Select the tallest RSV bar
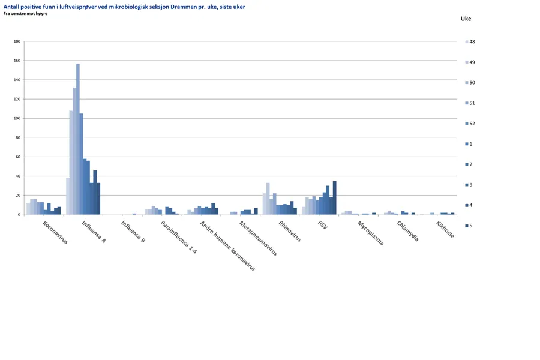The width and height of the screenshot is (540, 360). coord(335,198)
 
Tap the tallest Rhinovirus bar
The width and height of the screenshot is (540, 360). coord(268,199)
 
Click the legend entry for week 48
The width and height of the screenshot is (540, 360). coord(472,42)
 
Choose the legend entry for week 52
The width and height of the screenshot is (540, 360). coord(472,124)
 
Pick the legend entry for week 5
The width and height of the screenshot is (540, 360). coord(471,226)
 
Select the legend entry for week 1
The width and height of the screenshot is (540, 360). coord(471,144)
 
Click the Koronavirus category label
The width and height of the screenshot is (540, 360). coord(55,233)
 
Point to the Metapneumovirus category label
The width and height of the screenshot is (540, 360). coord(258,238)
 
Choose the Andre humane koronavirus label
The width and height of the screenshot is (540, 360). coord(227,246)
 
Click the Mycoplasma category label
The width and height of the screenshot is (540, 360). coord(370,233)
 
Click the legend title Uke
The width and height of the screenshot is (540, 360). coord(466,19)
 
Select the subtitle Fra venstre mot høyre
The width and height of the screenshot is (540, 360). coord(25,13)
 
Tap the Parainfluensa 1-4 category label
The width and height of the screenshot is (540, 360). coord(179,237)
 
